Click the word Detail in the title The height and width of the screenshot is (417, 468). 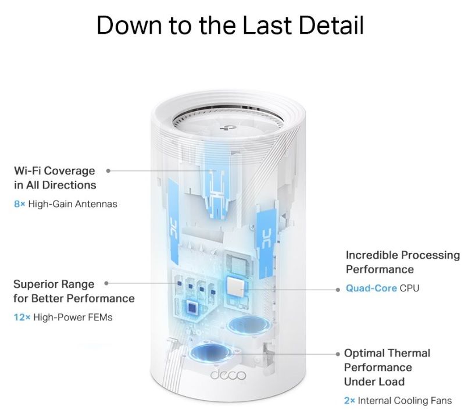pyautogui.click(x=323, y=26)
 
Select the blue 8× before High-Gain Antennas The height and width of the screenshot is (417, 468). pyautogui.click(x=19, y=204)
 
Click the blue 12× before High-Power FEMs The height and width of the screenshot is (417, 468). pyautogui.click(x=22, y=318)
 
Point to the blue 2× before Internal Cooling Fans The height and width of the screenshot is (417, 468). pyautogui.click(x=349, y=401)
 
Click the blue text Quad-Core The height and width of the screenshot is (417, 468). pyautogui.click(x=371, y=288)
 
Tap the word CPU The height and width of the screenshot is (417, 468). pyautogui.click(x=409, y=288)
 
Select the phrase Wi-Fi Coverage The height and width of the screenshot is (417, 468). pyautogui.click(x=54, y=171)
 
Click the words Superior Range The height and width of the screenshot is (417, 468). pyautogui.click(x=53, y=284)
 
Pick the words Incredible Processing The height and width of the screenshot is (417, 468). pyautogui.click(x=402, y=255)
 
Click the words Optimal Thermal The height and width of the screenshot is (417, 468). pyautogui.click(x=387, y=353)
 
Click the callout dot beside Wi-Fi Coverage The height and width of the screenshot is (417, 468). pyautogui.click(x=109, y=171)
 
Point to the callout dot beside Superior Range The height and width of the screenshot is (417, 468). pyautogui.click(x=107, y=284)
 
